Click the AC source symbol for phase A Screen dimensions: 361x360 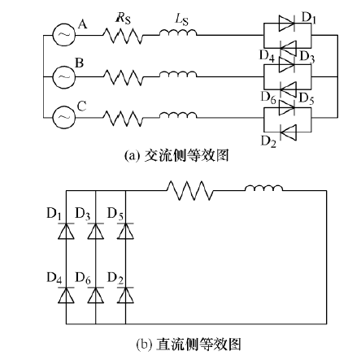(64, 35)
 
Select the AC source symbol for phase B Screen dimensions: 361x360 (64, 77)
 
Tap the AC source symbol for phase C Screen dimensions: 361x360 (64, 117)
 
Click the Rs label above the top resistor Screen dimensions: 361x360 (123, 19)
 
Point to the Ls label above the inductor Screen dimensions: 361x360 (181, 19)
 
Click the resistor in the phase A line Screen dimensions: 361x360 (123, 35)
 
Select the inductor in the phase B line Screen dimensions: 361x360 (178, 74)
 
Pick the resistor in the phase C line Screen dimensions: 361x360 (123, 118)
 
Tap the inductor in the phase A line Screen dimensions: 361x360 (178, 33)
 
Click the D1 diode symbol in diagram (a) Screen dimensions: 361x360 (287, 24)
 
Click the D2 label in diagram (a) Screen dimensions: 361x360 (268, 141)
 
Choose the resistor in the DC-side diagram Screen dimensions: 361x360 (189, 191)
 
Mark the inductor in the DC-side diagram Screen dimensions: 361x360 (263, 188)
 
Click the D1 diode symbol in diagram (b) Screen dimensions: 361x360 (66, 231)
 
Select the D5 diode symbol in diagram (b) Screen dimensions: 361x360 (125, 231)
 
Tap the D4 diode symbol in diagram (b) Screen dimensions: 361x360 (66, 295)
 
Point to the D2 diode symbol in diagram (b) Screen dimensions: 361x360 (125, 295)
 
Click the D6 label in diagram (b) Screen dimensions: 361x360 (83, 278)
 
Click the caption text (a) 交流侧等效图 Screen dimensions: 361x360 (176, 156)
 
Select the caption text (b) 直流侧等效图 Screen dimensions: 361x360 (189, 344)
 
